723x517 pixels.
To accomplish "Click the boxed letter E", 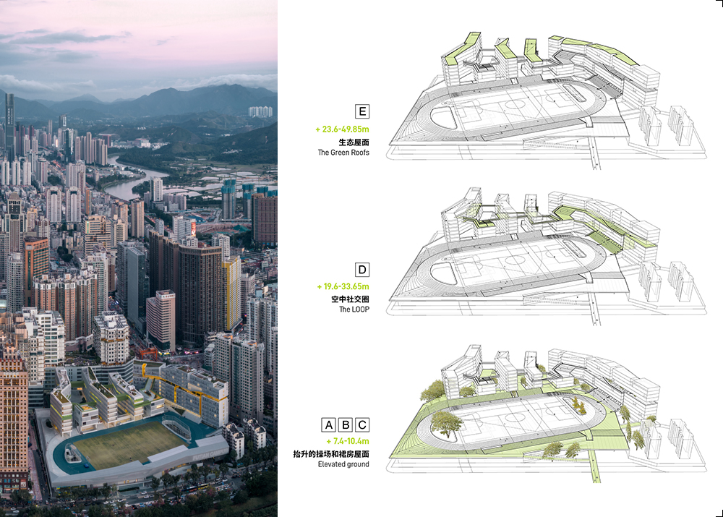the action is tap(362, 111).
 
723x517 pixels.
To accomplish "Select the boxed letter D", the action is tap(362, 270).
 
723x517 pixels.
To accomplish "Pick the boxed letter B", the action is tap(345, 424).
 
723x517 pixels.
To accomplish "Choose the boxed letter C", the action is tap(362, 424).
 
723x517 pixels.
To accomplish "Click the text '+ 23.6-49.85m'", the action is tap(342, 129).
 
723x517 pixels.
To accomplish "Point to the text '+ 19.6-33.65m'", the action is tap(343, 286).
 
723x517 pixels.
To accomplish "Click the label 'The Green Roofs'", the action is tap(344, 153).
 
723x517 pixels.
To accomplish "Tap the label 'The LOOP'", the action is tap(354, 309).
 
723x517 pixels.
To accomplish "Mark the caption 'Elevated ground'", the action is tap(343, 464).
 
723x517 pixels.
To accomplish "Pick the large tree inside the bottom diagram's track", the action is tap(447, 422).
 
